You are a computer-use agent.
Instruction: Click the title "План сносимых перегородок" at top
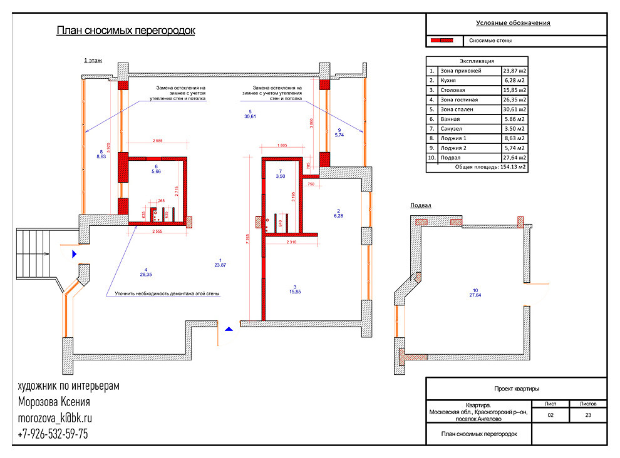point(126,31)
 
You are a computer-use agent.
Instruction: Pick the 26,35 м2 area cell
point(513,99)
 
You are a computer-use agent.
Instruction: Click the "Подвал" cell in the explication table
point(452,157)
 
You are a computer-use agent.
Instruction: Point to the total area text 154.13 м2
point(512,167)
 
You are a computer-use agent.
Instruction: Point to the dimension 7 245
point(249,238)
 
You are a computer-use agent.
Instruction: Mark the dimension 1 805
point(281,145)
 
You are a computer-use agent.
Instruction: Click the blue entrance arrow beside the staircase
point(75,253)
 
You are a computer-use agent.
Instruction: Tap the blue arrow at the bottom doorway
point(230,327)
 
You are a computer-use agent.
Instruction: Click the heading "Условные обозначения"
point(513,23)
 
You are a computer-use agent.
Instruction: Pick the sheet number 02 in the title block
point(550,414)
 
